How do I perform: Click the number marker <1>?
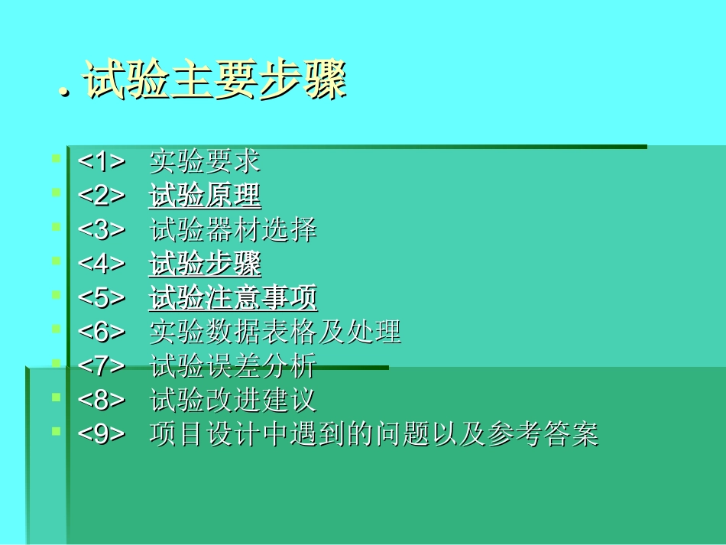pyautogui.click(x=101, y=161)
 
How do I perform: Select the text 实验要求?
pyautogui.click(x=205, y=161)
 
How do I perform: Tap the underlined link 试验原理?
pyautogui.click(x=205, y=196)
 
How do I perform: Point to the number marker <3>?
pyautogui.click(x=101, y=229)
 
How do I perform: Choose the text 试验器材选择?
pyautogui.click(x=232, y=229)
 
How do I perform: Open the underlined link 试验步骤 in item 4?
pyautogui.click(x=205, y=264)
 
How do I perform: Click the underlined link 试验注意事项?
pyautogui.click(x=232, y=298)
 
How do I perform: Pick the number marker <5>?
pyautogui.click(x=101, y=298)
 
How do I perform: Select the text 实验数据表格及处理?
pyautogui.click(x=275, y=333)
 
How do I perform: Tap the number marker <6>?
pyautogui.click(x=101, y=333)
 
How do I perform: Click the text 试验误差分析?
pyautogui.click(x=232, y=366)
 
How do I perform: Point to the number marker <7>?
pyautogui.click(x=101, y=366)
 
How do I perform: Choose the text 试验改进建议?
pyautogui.click(x=232, y=401)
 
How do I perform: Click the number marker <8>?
pyautogui.click(x=101, y=401)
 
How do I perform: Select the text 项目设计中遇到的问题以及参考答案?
pyautogui.click(x=374, y=434)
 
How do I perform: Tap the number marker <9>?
pyautogui.click(x=101, y=434)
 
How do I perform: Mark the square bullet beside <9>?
pyautogui.click(x=56, y=431)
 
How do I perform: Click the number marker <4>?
pyautogui.click(x=101, y=264)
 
